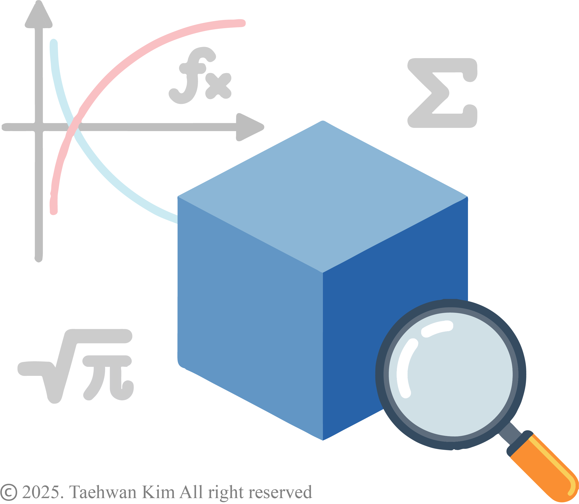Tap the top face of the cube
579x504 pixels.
coord(323,197)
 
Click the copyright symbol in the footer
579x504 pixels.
coord(8,492)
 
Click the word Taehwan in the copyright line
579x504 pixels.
coord(103,492)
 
